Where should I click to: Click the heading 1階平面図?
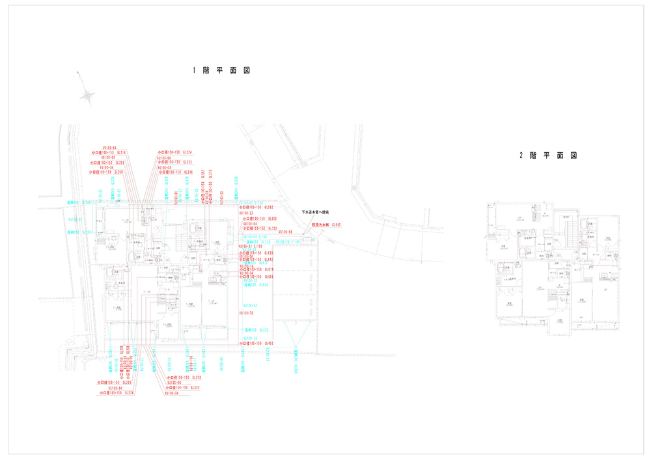pyautogui.click(x=221, y=70)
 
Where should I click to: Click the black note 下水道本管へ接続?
pyautogui.click(x=315, y=213)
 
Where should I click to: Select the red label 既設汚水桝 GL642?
pyautogui.click(x=327, y=225)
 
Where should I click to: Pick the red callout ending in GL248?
pyautogui.click(x=175, y=172)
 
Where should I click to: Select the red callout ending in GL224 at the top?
pyautogui.click(x=174, y=152)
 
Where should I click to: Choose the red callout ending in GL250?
pyautogui.click(x=186, y=377)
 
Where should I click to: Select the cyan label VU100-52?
pyautogui.click(x=251, y=305)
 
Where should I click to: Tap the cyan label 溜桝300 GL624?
pyautogui.click(x=256, y=285)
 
